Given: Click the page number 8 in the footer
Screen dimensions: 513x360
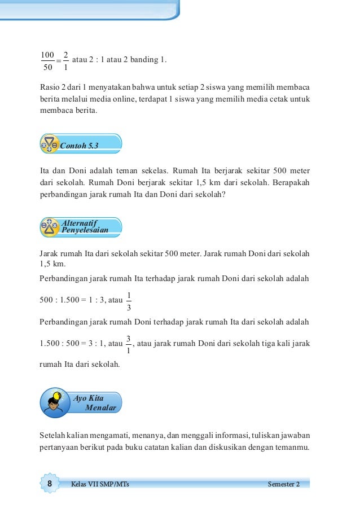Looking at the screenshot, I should pos(50,484).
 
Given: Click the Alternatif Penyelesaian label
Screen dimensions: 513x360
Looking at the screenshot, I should pos(85,227).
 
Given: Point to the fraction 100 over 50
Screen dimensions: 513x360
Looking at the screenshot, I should pos(47,61).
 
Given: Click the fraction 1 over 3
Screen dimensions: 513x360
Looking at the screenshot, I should pos(129,301).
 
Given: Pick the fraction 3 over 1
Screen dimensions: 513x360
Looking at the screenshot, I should pos(129,344).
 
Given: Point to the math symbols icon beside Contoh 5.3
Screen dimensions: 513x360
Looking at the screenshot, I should pos(50,143).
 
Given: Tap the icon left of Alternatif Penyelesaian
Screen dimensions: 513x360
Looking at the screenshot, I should pos(50,227).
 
